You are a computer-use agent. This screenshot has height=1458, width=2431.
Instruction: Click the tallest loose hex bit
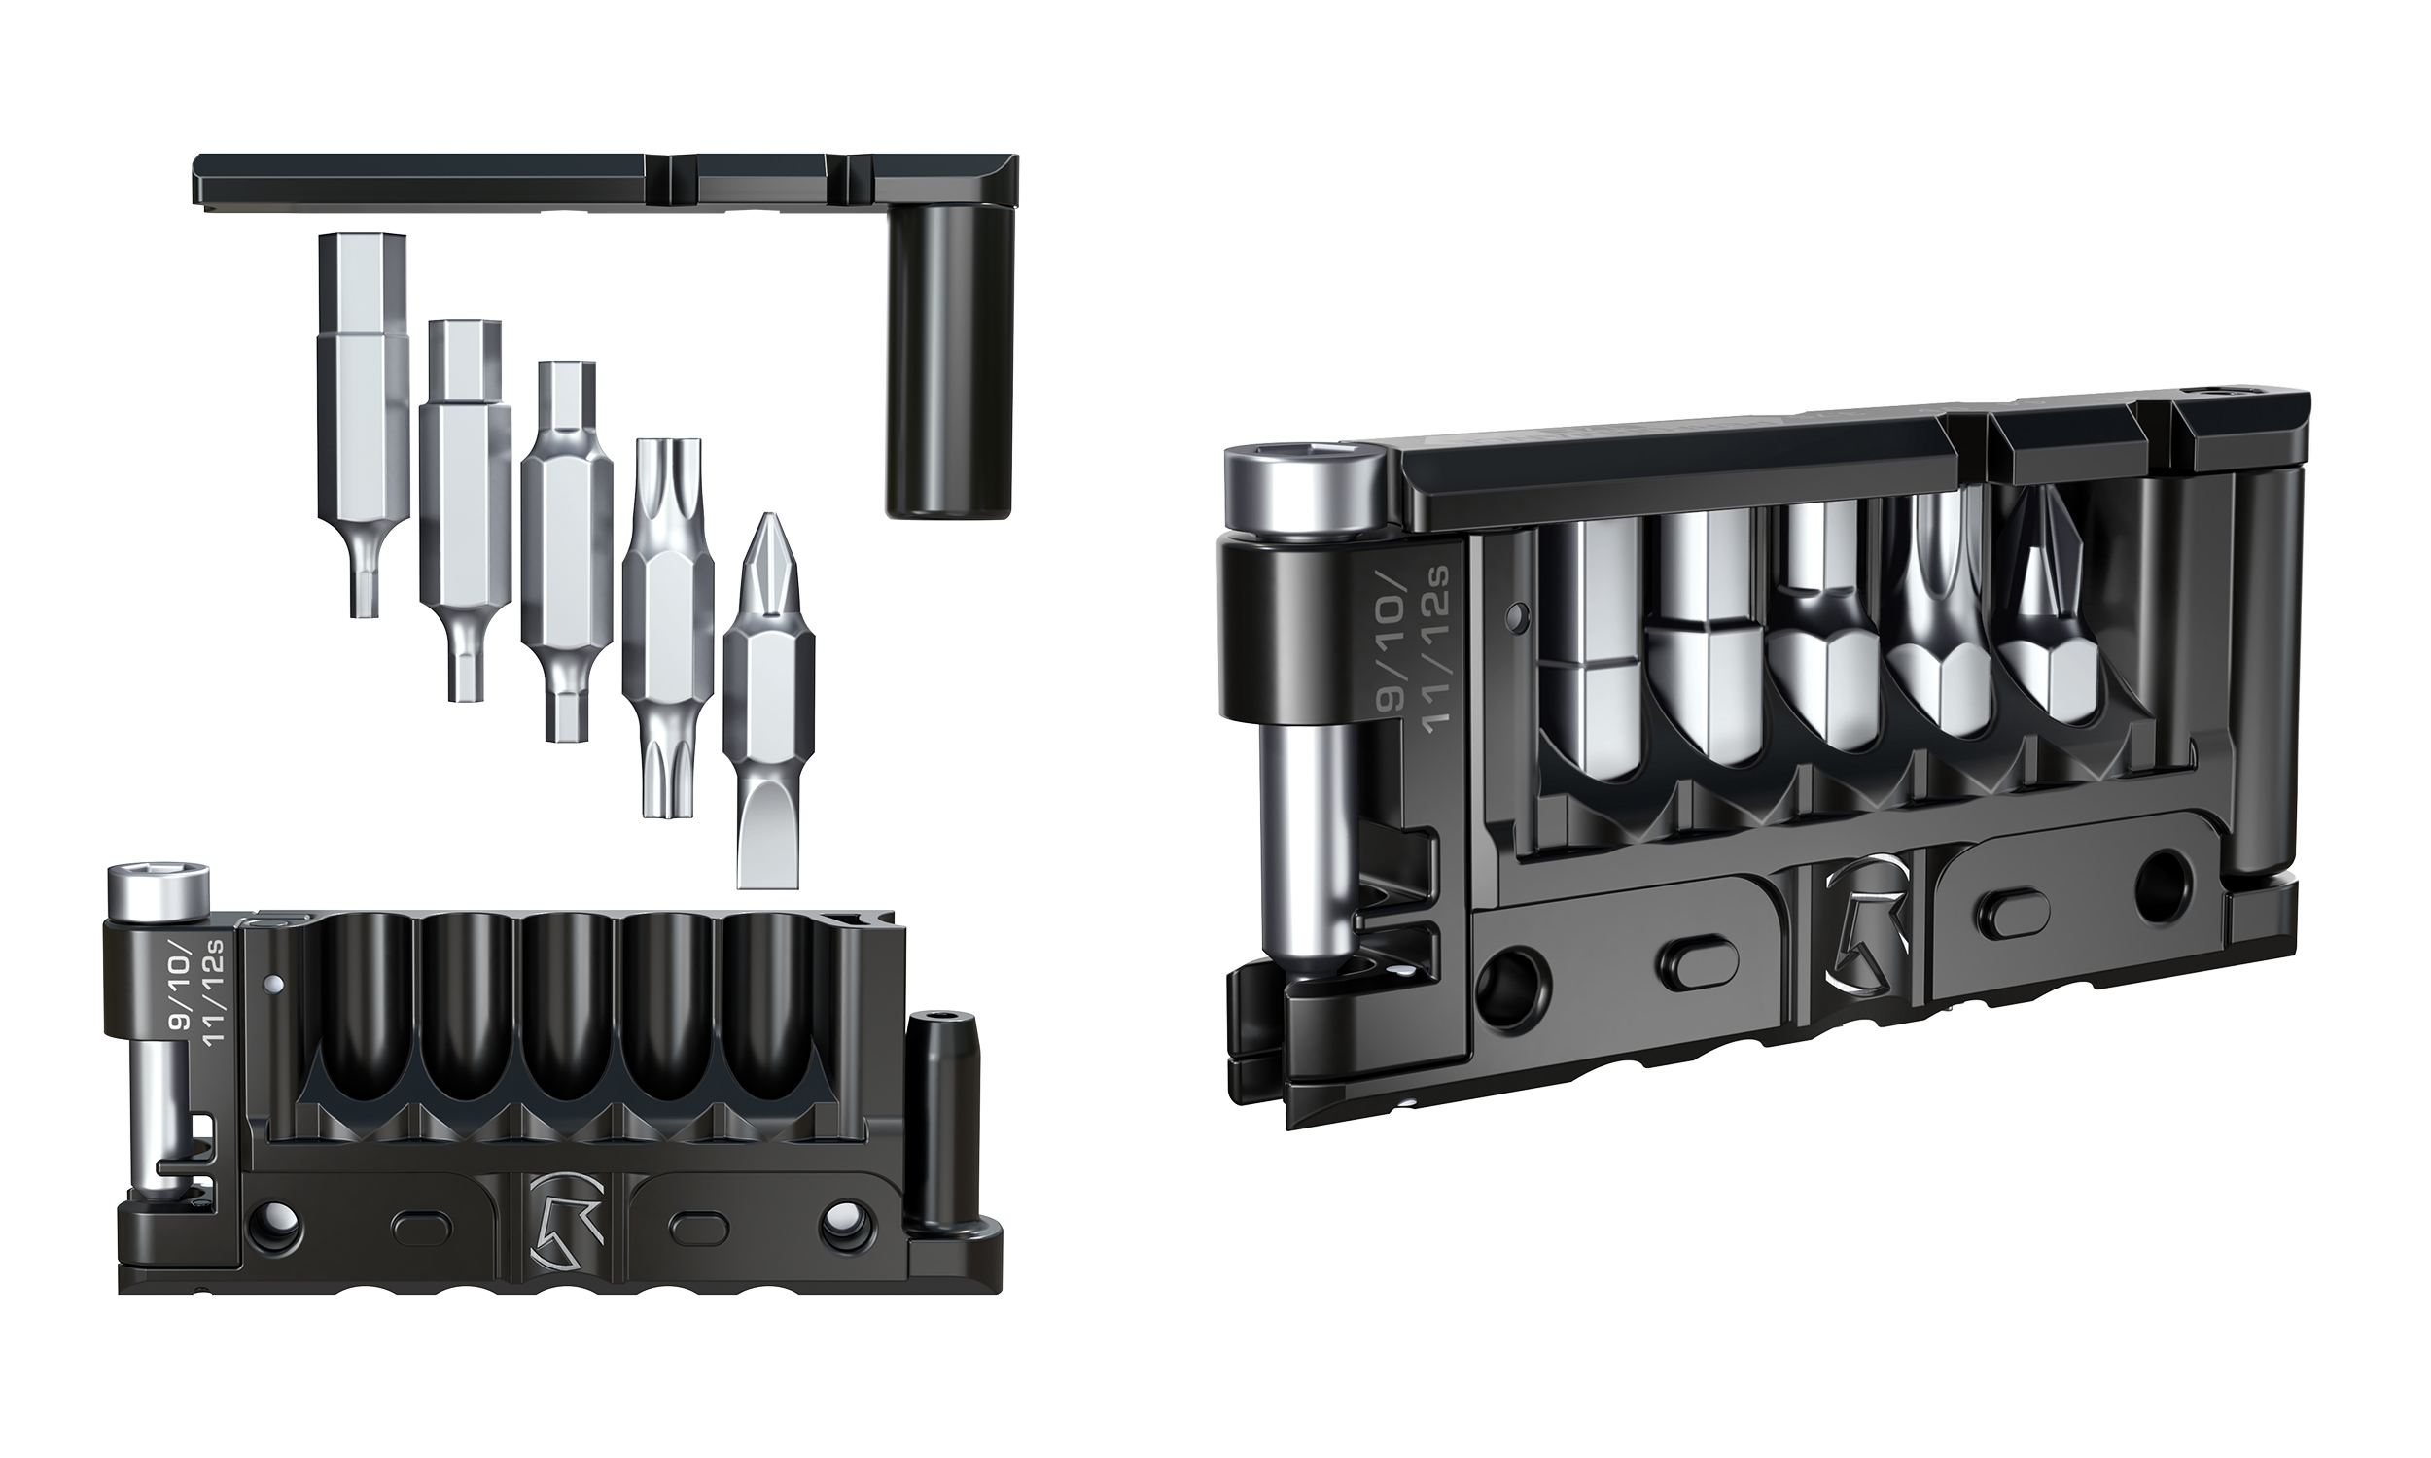363,393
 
